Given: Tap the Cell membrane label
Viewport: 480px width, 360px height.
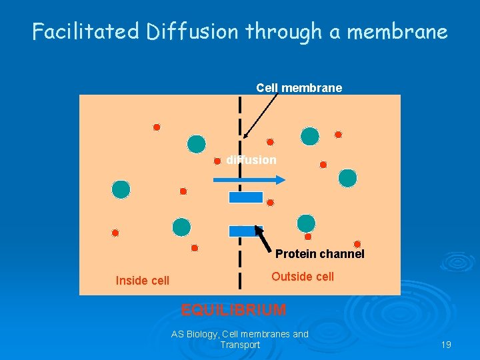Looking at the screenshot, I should [x=299, y=88].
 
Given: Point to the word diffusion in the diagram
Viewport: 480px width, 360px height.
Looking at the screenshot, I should [x=251, y=160].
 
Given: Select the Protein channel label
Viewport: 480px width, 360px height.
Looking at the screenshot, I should [x=320, y=254].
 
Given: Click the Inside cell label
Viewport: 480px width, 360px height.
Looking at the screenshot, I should [x=143, y=281].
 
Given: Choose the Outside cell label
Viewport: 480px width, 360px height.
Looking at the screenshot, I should [x=303, y=277].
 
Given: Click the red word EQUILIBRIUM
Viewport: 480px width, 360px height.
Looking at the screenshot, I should [x=234, y=310].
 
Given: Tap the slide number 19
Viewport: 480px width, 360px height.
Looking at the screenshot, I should [x=446, y=345].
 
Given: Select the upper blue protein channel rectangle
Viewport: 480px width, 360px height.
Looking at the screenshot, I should [x=246, y=197].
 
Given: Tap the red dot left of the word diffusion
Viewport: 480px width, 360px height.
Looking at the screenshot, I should [x=217, y=161].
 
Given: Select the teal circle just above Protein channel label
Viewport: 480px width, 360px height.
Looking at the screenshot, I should [x=306, y=223].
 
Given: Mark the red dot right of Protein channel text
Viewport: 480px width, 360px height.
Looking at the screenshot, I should [x=357, y=244].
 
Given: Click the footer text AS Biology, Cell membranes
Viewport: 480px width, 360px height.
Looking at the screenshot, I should [x=240, y=334].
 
